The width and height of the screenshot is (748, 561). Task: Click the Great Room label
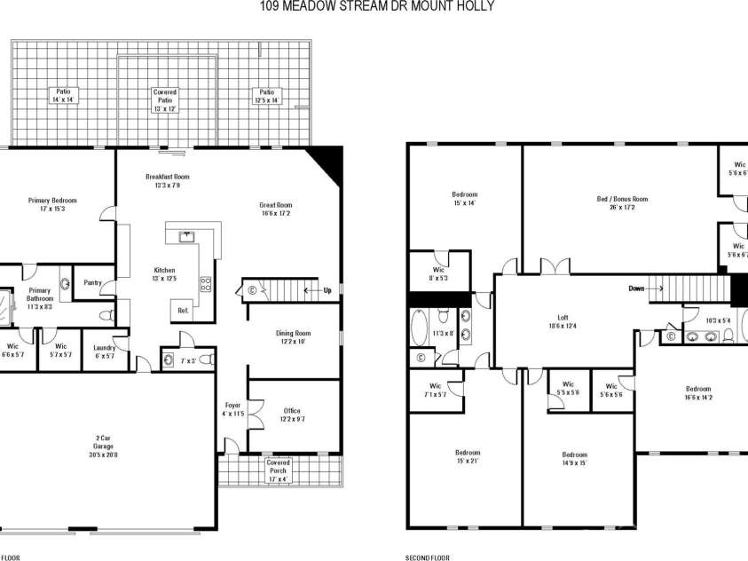(x=277, y=209)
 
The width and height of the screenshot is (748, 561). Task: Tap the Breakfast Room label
(x=168, y=181)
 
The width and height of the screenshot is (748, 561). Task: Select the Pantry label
(x=92, y=283)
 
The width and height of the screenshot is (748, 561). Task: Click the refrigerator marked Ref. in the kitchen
(x=184, y=311)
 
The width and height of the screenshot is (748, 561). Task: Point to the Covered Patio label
(x=165, y=99)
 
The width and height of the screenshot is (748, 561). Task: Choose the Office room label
(x=291, y=415)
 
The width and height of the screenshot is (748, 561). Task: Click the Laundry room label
(x=105, y=351)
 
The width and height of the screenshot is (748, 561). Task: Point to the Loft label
(x=563, y=321)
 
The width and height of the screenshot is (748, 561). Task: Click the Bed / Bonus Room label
(x=622, y=203)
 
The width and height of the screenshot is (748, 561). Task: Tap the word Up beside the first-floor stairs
(x=327, y=289)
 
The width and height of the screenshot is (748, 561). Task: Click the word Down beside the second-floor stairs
(x=636, y=288)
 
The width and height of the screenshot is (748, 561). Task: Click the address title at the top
(x=376, y=6)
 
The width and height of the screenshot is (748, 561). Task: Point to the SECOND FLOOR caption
(x=428, y=557)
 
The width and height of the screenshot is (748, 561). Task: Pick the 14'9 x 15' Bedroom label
(x=574, y=459)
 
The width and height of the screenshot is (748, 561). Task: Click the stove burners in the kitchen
(x=206, y=285)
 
